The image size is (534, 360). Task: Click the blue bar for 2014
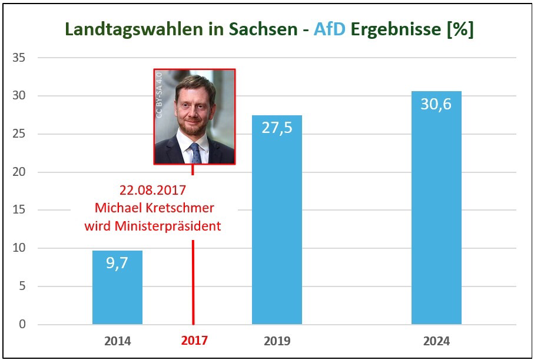[x=117, y=294]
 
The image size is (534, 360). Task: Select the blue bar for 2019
[x=277, y=235]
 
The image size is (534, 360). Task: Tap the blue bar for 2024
[x=436, y=224]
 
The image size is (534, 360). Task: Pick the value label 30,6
[x=436, y=105]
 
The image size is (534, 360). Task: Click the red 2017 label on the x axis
[x=194, y=341]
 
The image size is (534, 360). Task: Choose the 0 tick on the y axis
[x=24, y=324]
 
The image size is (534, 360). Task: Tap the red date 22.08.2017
[x=152, y=191]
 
